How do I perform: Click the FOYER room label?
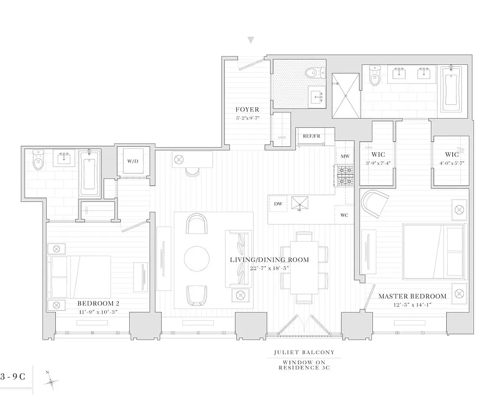[247, 110]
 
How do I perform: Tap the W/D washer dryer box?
[132, 161]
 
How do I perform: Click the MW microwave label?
[345, 156]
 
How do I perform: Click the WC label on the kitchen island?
[344, 215]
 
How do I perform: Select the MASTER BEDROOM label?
[412, 296]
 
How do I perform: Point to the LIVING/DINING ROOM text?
[269, 260]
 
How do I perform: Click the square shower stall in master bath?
[346, 96]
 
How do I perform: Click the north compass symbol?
[51, 381]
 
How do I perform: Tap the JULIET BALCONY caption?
[304, 352]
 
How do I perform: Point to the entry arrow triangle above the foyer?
[251, 40]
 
